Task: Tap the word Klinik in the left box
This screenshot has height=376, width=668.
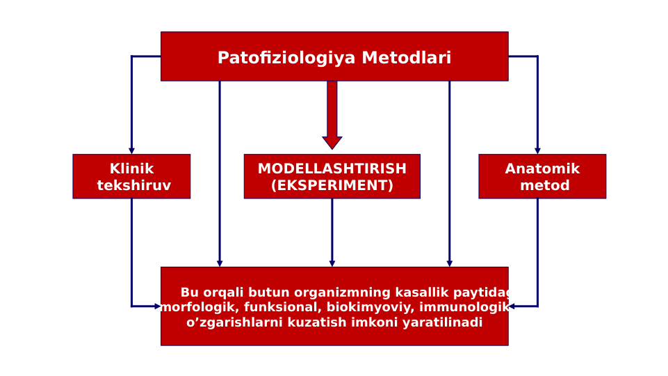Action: click(131, 169)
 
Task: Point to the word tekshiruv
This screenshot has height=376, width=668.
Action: click(133, 185)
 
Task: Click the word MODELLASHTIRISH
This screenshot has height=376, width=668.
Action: click(332, 169)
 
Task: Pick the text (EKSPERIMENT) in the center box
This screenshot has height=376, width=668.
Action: click(332, 185)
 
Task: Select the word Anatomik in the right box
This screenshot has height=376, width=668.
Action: click(541, 169)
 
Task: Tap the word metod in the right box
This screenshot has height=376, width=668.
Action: click(544, 185)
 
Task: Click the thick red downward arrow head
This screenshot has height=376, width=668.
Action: click(332, 142)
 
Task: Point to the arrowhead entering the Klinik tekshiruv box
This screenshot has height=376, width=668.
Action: click(131, 150)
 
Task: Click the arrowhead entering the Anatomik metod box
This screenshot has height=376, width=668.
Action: click(537, 150)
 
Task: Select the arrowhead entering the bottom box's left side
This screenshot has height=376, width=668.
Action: click(157, 306)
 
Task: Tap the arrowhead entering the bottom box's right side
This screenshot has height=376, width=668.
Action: click(512, 306)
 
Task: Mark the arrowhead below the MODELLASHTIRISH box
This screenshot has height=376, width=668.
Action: click(332, 263)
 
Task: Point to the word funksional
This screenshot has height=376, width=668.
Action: click(282, 308)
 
